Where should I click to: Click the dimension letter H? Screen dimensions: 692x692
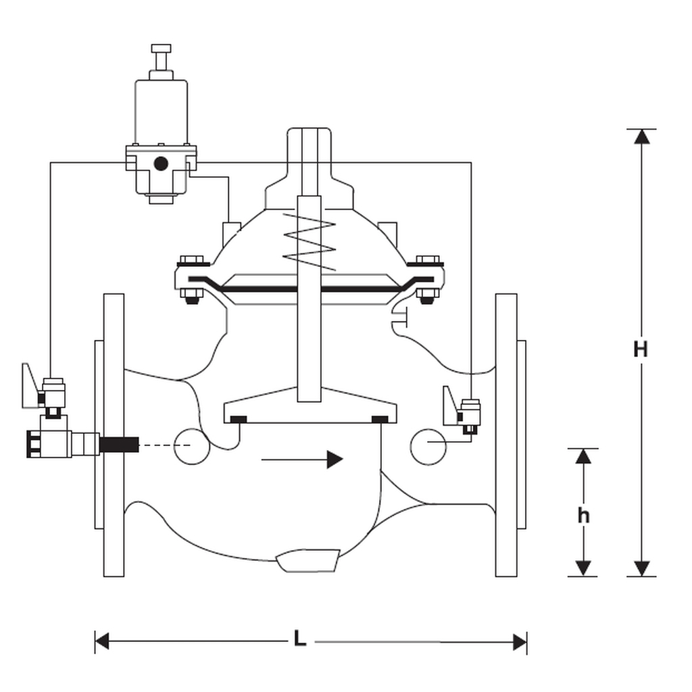pos(641,349)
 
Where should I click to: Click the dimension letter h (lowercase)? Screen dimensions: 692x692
pos(583,516)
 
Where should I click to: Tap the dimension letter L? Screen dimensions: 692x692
pos(300,639)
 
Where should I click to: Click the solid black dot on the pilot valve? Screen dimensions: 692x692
pos(161,164)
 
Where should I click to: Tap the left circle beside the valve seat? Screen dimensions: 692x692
pos(191,446)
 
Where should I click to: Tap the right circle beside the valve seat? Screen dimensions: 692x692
pos(428,446)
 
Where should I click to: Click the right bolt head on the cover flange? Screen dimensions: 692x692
pos(427,260)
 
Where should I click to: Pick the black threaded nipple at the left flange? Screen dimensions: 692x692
pos(120,445)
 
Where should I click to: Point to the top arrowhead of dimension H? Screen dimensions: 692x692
pos(641,136)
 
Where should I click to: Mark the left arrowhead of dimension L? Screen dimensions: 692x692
pos(102,641)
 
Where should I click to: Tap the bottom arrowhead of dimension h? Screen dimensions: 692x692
pos(583,568)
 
